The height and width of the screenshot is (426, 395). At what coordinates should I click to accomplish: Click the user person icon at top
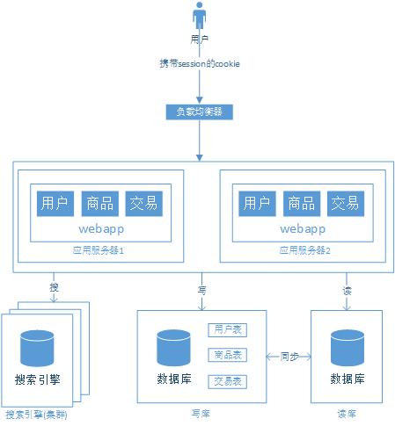(x=200, y=18)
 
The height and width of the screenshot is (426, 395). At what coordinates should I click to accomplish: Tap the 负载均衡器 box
(x=200, y=112)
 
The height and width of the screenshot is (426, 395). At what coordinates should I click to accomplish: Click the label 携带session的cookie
(x=200, y=63)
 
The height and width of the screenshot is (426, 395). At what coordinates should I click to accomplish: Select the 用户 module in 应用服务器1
(x=55, y=203)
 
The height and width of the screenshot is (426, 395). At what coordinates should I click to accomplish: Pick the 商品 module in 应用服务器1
(x=99, y=203)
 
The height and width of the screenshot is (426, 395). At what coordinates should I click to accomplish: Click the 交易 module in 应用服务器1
(x=143, y=203)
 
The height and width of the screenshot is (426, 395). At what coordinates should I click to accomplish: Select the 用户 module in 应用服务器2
(x=255, y=203)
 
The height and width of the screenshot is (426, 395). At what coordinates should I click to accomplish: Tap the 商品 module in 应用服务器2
(x=300, y=203)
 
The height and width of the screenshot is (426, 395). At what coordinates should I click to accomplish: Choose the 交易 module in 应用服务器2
(x=344, y=203)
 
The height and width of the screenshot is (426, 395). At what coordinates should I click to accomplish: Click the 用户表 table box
(x=227, y=330)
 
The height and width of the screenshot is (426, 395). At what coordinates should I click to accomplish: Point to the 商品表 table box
(x=227, y=356)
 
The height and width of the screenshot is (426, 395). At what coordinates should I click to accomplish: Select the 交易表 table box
(x=227, y=382)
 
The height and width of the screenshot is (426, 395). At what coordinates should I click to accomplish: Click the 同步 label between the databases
(x=289, y=357)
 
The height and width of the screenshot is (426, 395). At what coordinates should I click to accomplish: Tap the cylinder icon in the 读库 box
(x=347, y=349)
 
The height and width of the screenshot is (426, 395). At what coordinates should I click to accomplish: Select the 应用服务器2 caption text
(x=299, y=250)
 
